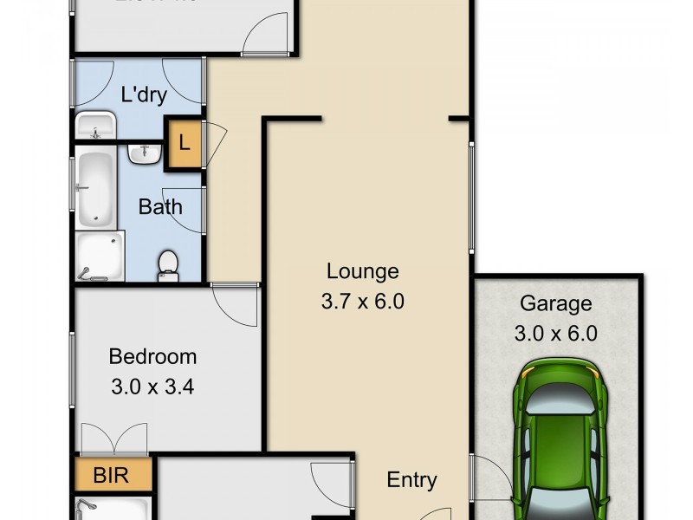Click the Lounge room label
pyautogui.click(x=362, y=271)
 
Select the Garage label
pyautogui.click(x=555, y=303)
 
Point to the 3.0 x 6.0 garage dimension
pyautogui.click(x=555, y=334)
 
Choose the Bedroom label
pyautogui.click(x=152, y=356)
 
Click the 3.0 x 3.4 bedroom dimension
pyautogui.click(x=152, y=387)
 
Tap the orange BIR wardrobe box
pyautogui.click(x=113, y=476)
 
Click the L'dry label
pyautogui.click(x=144, y=95)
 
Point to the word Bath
pyautogui.click(x=161, y=206)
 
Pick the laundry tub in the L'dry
pyautogui.click(x=94, y=126)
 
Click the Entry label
pyautogui.click(x=411, y=479)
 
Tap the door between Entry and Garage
pyautogui.click(x=485, y=481)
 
